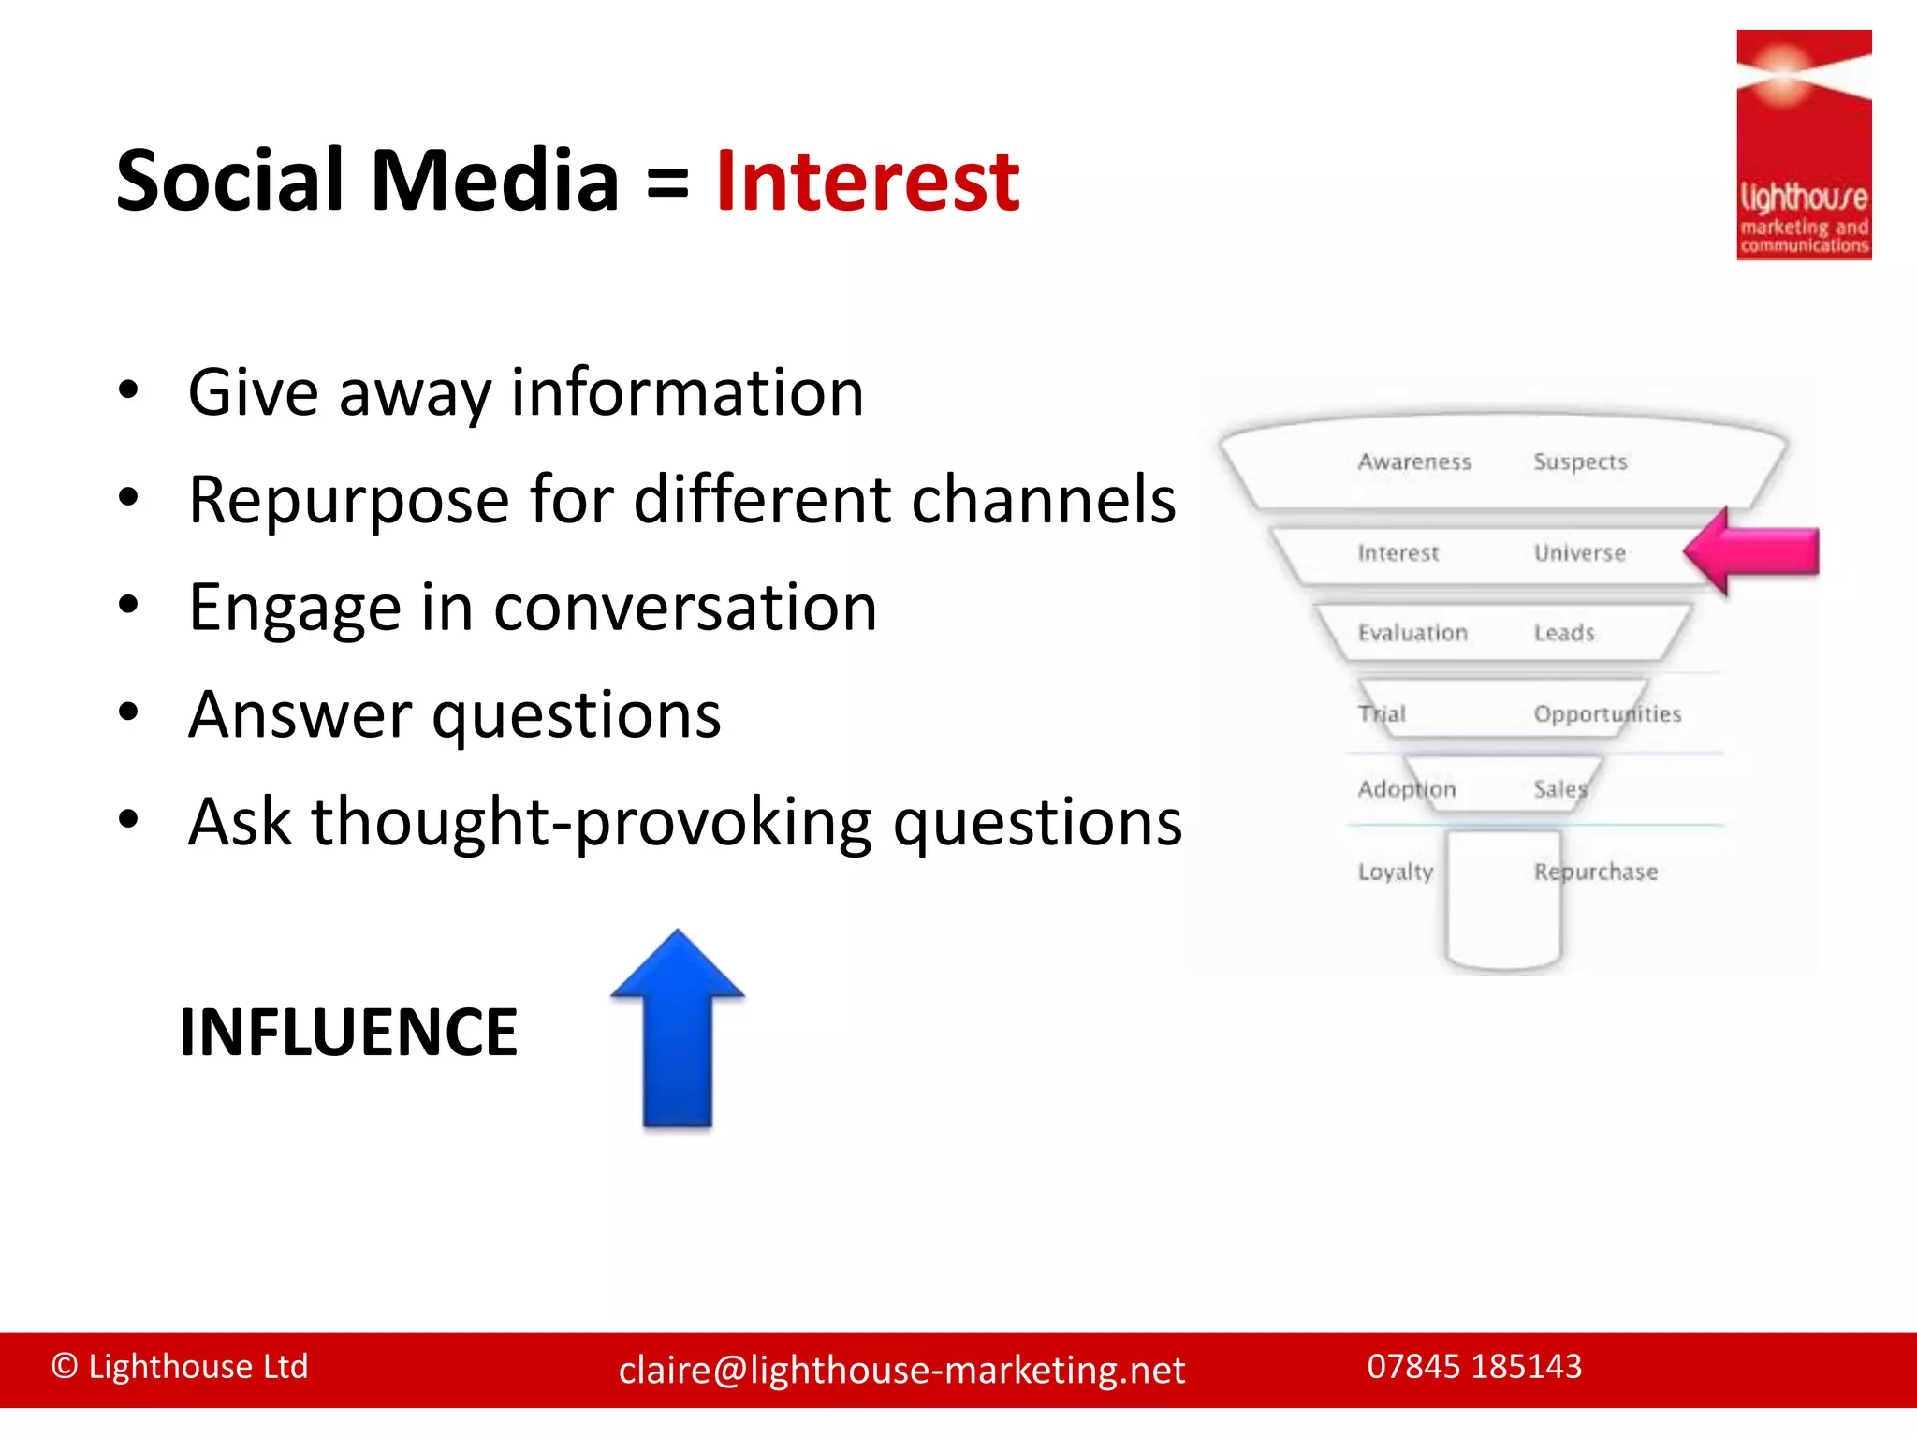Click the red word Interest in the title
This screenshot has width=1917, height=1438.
pyautogui.click(x=867, y=182)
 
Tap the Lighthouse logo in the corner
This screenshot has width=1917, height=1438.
pyautogui.click(x=1803, y=145)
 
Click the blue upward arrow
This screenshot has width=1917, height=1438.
pyautogui.click(x=677, y=1030)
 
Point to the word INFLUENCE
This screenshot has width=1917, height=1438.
pyautogui.click(x=348, y=1033)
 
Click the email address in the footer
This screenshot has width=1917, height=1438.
pyautogui.click(x=901, y=1370)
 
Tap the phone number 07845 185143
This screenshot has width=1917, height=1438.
pyautogui.click(x=1473, y=1366)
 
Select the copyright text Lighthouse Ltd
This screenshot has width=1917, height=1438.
pyautogui.click(x=180, y=1366)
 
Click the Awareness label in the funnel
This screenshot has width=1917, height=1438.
pyautogui.click(x=1414, y=462)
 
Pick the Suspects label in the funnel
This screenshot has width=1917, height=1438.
pyautogui.click(x=1580, y=462)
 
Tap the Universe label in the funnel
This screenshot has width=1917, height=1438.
pyautogui.click(x=1579, y=553)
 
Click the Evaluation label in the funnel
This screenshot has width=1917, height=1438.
pyautogui.click(x=1412, y=633)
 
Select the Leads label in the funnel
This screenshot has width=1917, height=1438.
pyautogui.click(x=1563, y=633)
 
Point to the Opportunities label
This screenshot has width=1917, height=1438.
pyautogui.click(x=1606, y=714)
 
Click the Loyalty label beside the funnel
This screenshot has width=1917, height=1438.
pyautogui.click(x=1395, y=872)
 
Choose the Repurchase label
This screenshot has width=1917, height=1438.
pyautogui.click(x=1595, y=872)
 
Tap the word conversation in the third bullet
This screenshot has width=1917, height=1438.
pyautogui.click(x=685, y=608)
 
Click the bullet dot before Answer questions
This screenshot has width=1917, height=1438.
pyautogui.click(x=129, y=712)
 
